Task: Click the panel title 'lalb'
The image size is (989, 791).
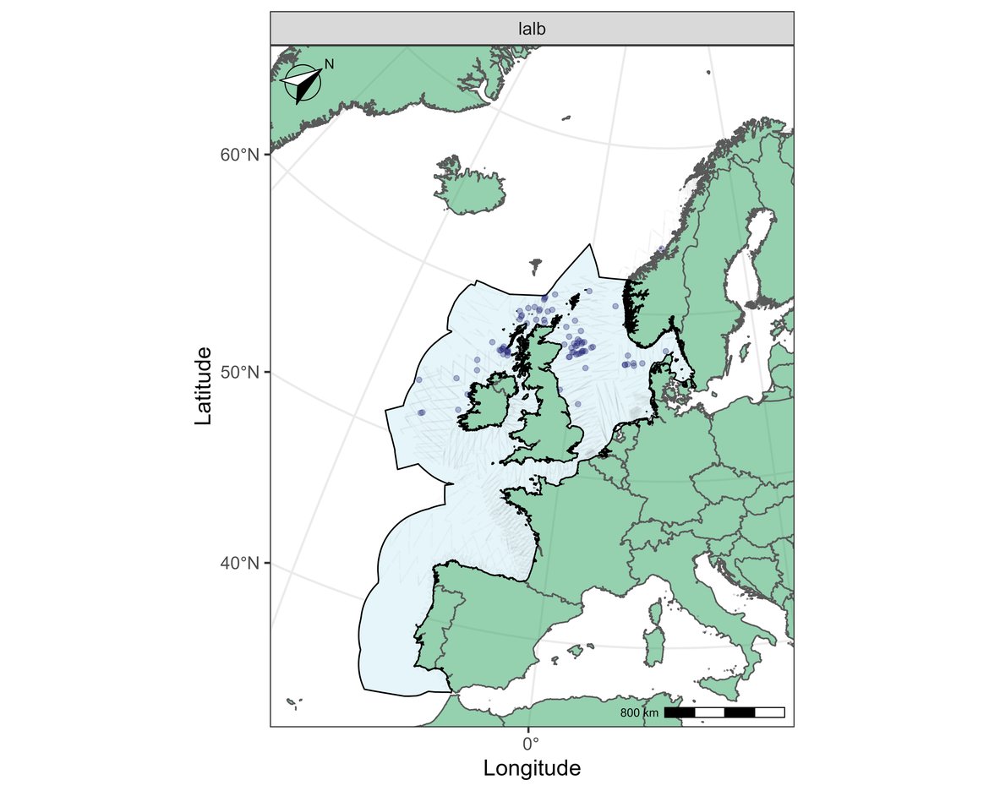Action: click(x=532, y=29)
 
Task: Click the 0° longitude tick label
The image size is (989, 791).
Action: click(x=529, y=745)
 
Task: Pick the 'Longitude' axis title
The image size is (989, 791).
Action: click(x=532, y=768)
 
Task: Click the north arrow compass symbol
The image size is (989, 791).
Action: click(x=302, y=84)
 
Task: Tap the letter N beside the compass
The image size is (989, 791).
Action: click(x=330, y=64)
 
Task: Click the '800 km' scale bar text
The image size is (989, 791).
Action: click(x=639, y=713)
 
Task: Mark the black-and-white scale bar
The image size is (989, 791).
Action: click(x=724, y=712)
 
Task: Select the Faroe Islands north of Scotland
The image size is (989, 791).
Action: click(x=536, y=267)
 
